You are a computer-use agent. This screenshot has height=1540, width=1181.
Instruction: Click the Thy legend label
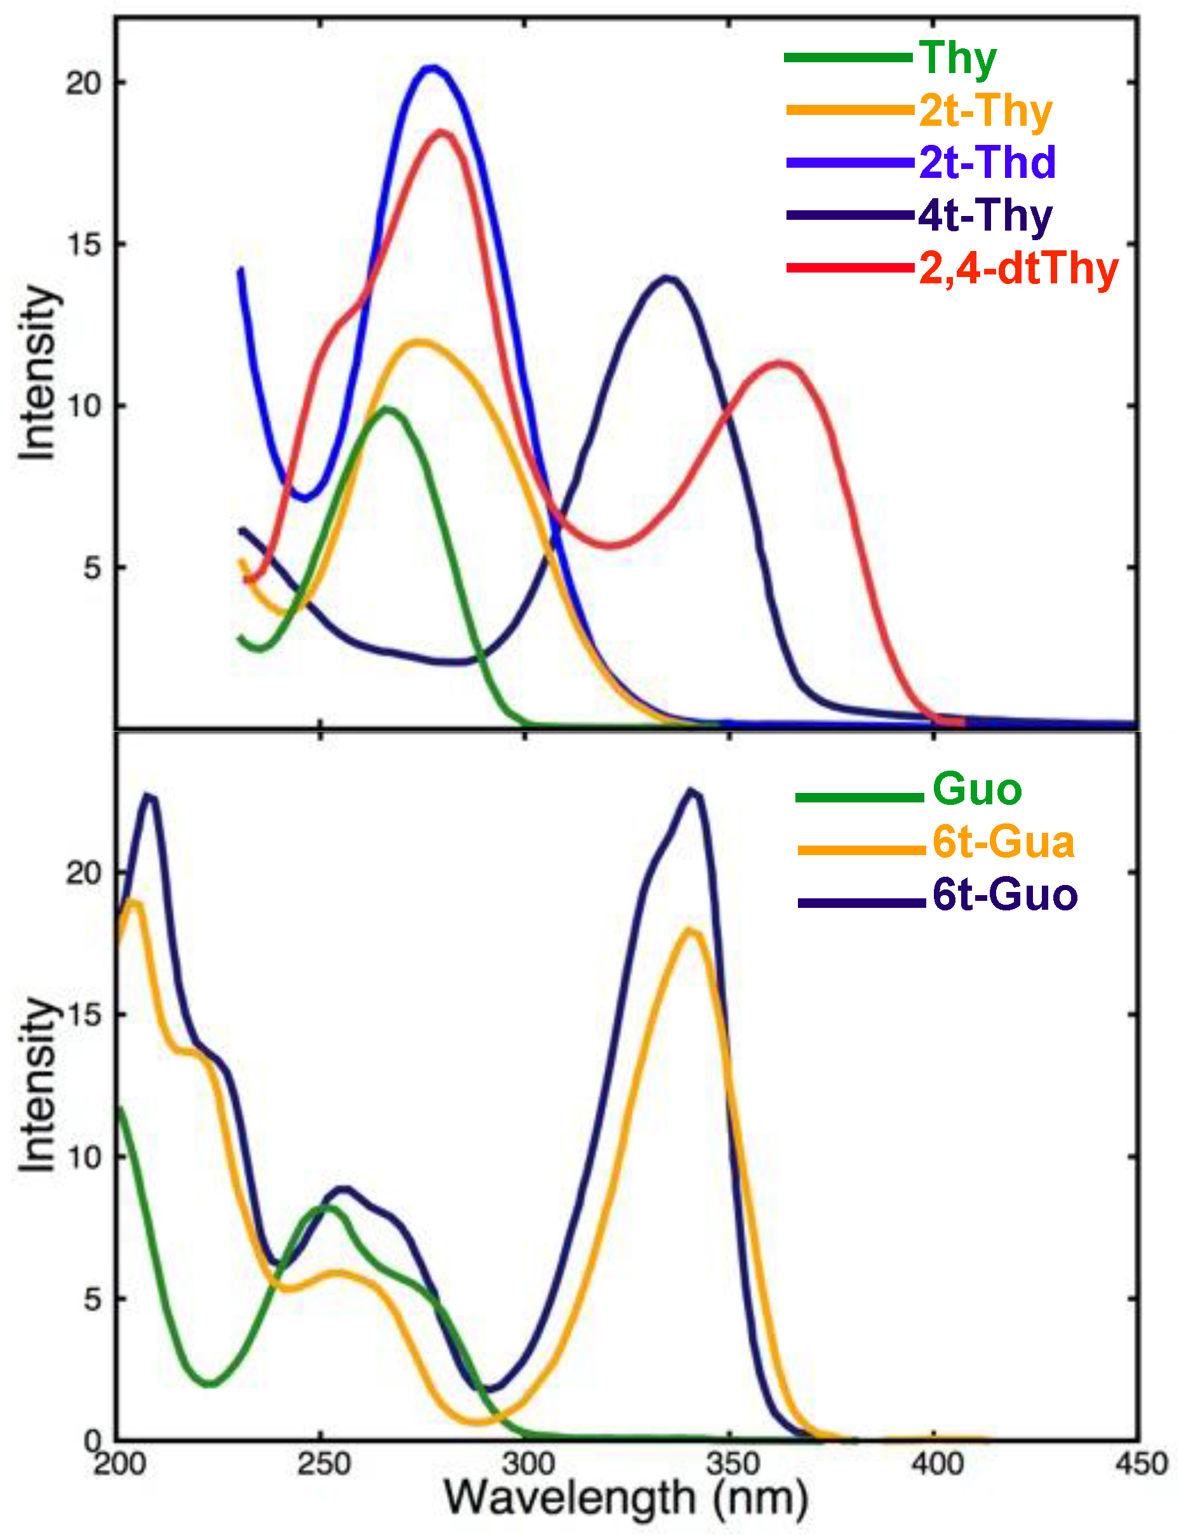pos(957,58)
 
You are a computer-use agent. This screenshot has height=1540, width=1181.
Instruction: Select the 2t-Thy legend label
pos(985,111)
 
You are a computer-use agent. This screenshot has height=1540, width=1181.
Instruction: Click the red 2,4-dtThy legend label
pos(1018,268)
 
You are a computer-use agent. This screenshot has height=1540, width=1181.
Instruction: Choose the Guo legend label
pos(977,788)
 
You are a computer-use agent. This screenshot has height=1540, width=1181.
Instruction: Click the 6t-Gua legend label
pos(1003,842)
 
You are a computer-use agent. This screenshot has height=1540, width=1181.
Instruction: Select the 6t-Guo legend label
pos(1004,895)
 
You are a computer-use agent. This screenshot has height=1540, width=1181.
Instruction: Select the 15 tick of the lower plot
pos(84,1014)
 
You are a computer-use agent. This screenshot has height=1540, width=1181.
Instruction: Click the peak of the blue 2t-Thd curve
pos(433,67)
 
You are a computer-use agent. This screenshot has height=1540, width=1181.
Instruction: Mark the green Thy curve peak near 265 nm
pos(388,409)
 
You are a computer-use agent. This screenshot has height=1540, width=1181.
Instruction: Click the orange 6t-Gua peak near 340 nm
pos(691,931)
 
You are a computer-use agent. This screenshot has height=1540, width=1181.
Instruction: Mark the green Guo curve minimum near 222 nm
pos(210,1384)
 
